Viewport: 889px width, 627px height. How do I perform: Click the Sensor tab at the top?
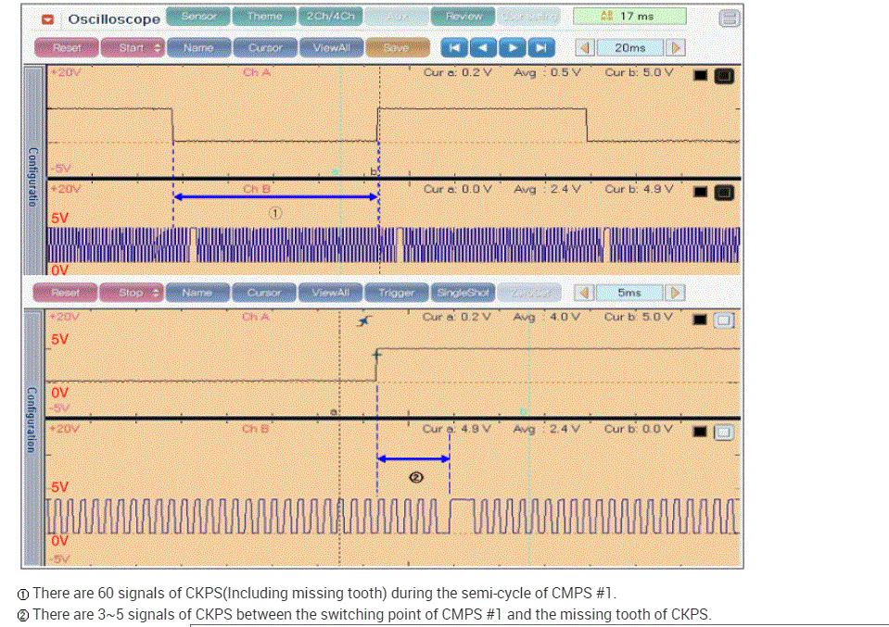point(199,17)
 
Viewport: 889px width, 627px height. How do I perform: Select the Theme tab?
point(264,17)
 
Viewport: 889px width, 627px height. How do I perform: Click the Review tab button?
point(463,17)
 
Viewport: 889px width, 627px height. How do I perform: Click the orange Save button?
point(397,48)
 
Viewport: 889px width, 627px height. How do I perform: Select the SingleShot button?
point(462,293)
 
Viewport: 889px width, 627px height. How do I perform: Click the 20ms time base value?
point(629,48)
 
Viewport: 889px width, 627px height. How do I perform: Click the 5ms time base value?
point(629,293)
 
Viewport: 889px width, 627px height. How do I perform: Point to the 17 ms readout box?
point(629,17)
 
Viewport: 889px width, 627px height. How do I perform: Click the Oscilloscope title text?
point(113,19)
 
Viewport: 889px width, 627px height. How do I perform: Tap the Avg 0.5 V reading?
point(547,72)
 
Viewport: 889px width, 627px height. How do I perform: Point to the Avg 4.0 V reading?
point(547,317)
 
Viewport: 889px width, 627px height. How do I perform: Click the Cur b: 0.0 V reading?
point(639,429)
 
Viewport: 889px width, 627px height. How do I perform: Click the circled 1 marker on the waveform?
point(275,212)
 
